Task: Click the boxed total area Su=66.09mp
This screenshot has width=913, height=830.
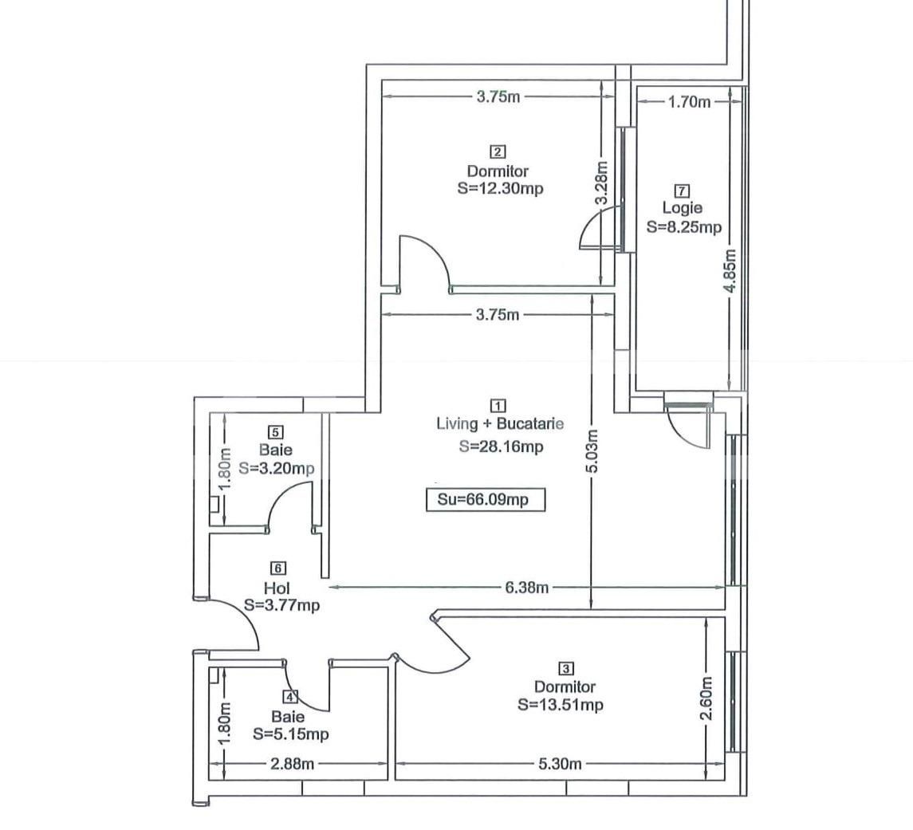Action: tap(486, 501)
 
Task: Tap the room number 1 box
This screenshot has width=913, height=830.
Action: tap(499, 406)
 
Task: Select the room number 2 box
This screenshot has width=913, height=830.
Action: tap(498, 151)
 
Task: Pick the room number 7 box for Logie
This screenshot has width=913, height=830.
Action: tap(682, 191)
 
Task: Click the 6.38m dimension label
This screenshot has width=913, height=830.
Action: tap(525, 588)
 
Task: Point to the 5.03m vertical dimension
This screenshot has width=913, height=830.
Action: tap(592, 451)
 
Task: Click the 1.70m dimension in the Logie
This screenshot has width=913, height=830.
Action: tap(689, 102)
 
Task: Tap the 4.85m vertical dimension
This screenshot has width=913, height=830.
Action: tap(730, 271)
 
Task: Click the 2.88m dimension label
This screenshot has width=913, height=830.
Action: tap(293, 764)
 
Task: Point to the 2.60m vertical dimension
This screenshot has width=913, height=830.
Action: tap(706, 699)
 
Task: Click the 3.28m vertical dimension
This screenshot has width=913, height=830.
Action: tap(602, 183)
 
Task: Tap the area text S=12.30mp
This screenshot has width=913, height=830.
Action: tap(501, 189)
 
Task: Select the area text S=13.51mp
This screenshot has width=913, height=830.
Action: tap(560, 705)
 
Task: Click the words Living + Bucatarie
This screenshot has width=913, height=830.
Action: tap(500, 424)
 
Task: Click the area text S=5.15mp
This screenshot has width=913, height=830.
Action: tap(290, 734)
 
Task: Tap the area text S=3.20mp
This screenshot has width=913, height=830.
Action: tap(276, 468)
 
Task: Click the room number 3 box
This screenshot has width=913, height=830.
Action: tap(565, 669)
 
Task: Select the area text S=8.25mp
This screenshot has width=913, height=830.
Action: tap(683, 227)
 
